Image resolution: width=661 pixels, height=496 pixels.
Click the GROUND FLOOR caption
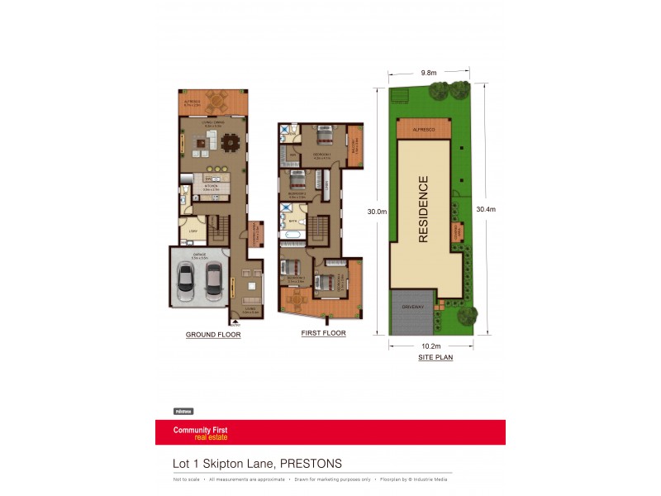point(213,336)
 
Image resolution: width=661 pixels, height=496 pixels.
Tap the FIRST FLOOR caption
point(324,333)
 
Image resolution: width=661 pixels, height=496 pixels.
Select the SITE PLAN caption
point(435,358)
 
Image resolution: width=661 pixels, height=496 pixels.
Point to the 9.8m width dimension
point(428,73)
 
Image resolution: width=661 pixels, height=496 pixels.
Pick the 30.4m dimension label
point(486,209)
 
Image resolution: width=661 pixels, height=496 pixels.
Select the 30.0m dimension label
point(377,212)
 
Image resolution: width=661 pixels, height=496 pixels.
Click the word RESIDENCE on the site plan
point(423,208)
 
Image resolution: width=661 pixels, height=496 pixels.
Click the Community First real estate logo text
point(200,433)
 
